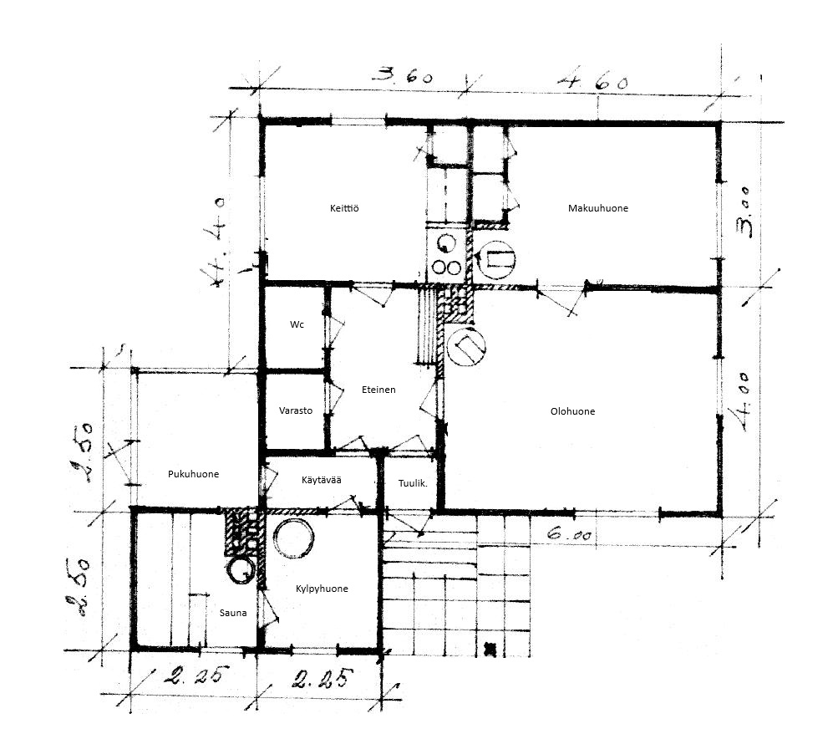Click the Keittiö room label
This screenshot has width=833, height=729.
[344, 208]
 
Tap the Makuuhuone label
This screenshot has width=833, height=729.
[598, 208]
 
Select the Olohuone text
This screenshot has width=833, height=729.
[572, 411]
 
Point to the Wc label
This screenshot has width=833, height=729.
[297, 324]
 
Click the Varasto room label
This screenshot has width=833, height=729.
[296, 410]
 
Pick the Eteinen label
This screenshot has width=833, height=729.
[378, 390]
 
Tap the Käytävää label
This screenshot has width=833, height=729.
[322, 480]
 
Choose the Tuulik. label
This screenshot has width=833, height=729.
[413, 483]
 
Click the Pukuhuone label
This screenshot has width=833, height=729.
[193, 474]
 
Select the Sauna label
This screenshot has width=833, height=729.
[233, 613]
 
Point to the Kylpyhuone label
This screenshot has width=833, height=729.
[322, 589]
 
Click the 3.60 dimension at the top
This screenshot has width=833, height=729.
[403, 75]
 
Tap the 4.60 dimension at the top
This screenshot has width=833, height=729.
[593, 81]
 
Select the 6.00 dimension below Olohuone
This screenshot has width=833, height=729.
[569, 533]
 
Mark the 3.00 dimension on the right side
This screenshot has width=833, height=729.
[744, 212]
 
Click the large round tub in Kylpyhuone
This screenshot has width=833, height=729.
[294, 537]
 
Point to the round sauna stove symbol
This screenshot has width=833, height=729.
[241, 570]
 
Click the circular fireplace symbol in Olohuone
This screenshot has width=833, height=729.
[466, 346]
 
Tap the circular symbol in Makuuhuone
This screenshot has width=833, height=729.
[496, 260]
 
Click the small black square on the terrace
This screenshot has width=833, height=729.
[490, 648]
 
